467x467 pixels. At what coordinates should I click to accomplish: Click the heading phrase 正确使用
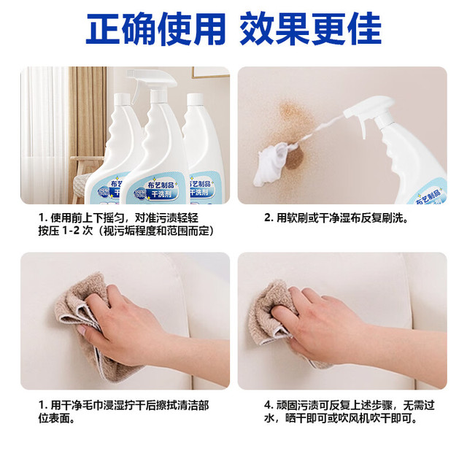pyautogui.click(x=155, y=29)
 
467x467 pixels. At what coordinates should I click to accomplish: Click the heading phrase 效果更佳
pyautogui.click(x=310, y=29)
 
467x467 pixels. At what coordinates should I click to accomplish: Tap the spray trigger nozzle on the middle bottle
pyautogui.click(x=152, y=78)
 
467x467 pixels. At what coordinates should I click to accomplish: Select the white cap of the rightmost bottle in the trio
pyautogui.click(x=195, y=99)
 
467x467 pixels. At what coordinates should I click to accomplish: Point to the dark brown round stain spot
pyautogui.click(x=294, y=158)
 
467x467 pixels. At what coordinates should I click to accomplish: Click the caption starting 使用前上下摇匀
pyautogui.click(x=118, y=217)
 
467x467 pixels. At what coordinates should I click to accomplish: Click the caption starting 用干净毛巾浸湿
pyautogui.click(x=123, y=412)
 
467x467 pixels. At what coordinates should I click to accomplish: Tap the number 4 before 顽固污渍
pyautogui.click(x=269, y=406)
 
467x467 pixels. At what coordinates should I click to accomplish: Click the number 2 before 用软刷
pyautogui.click(x=268, y=217)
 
